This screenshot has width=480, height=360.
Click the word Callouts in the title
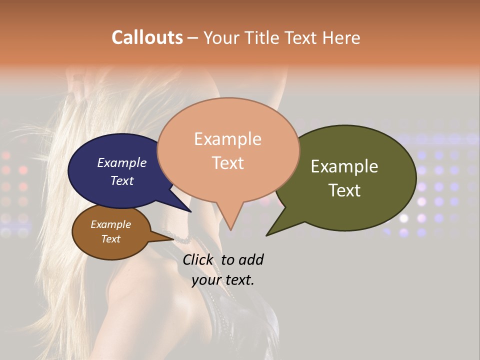(147, 37)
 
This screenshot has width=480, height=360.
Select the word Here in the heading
(342, 37)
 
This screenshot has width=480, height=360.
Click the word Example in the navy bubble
(122, 162)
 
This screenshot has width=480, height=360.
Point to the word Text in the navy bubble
(122, 180)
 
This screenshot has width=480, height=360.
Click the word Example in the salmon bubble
(227, 139)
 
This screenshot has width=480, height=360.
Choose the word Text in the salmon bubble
(227, 163)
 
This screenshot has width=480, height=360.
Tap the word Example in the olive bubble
(344, 166)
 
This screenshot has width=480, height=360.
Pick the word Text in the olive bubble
(344, 190)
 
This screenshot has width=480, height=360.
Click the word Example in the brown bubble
(110, 224)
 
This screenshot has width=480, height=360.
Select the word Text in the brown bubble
(110, 239)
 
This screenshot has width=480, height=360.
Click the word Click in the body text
(197, 260)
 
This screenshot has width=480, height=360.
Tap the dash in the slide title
(193, 38)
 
